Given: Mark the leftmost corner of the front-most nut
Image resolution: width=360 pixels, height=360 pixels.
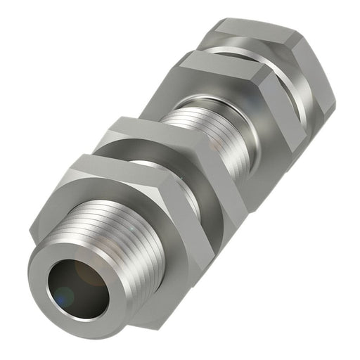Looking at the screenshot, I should click(x=31, y=231).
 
